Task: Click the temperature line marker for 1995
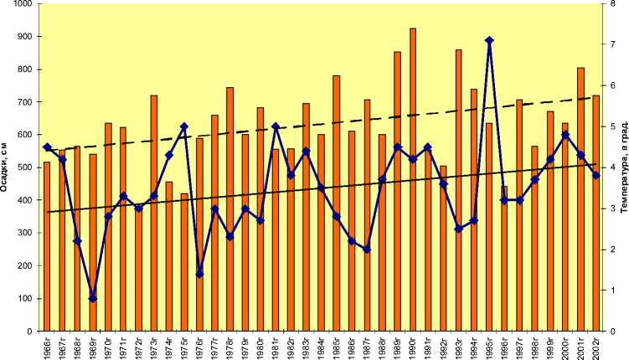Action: click(x=489, y=40)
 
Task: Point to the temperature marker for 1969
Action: click(x=93, y=298)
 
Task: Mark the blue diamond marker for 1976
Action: click(x=199, y=274)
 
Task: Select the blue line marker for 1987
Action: click(x=367, y=249)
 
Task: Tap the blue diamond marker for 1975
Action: click(x=184, y=126)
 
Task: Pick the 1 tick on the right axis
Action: click(x=613, y=291)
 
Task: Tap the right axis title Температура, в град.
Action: click(x=624, y=167)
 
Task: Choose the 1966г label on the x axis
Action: click(x=48, y=345)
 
